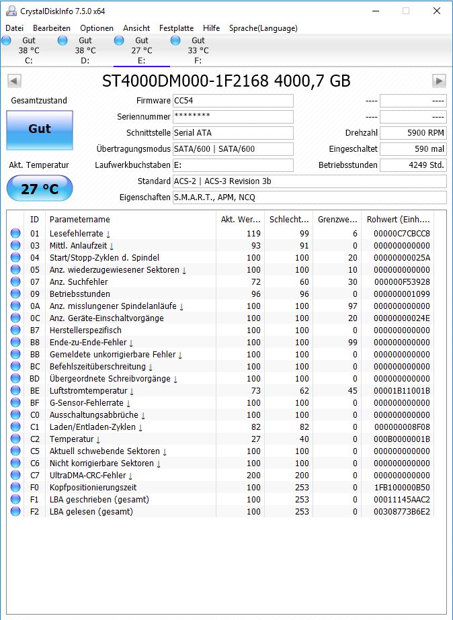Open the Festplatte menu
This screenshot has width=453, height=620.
(176, 28)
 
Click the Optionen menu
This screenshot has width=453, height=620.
(97, 28)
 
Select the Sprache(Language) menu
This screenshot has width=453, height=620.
(263, 28)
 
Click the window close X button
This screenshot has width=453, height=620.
(437, 11)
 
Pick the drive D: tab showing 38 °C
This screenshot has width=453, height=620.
(85, 50)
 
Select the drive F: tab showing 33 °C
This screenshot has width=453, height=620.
(198, 50)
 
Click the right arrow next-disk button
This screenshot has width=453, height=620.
(439, 81)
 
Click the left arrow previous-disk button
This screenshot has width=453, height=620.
(14, 81)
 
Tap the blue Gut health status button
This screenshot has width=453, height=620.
(39, 130)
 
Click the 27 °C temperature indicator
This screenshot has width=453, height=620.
(39, 189)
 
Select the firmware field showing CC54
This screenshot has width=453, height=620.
(233, 101)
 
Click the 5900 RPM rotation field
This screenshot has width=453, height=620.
(413, 133)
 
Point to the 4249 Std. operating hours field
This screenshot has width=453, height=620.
(413, 165)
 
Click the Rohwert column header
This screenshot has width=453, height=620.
(398, 220)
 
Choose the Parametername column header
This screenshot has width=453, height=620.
(79, 220)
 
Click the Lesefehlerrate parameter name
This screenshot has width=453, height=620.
(77, 234)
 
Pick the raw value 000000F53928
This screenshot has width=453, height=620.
(403, 282)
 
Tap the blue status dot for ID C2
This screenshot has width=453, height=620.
(15, 439)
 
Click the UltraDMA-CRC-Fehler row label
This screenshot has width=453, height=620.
(87, 476)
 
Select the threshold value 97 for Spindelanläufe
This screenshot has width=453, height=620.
(351, 306)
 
